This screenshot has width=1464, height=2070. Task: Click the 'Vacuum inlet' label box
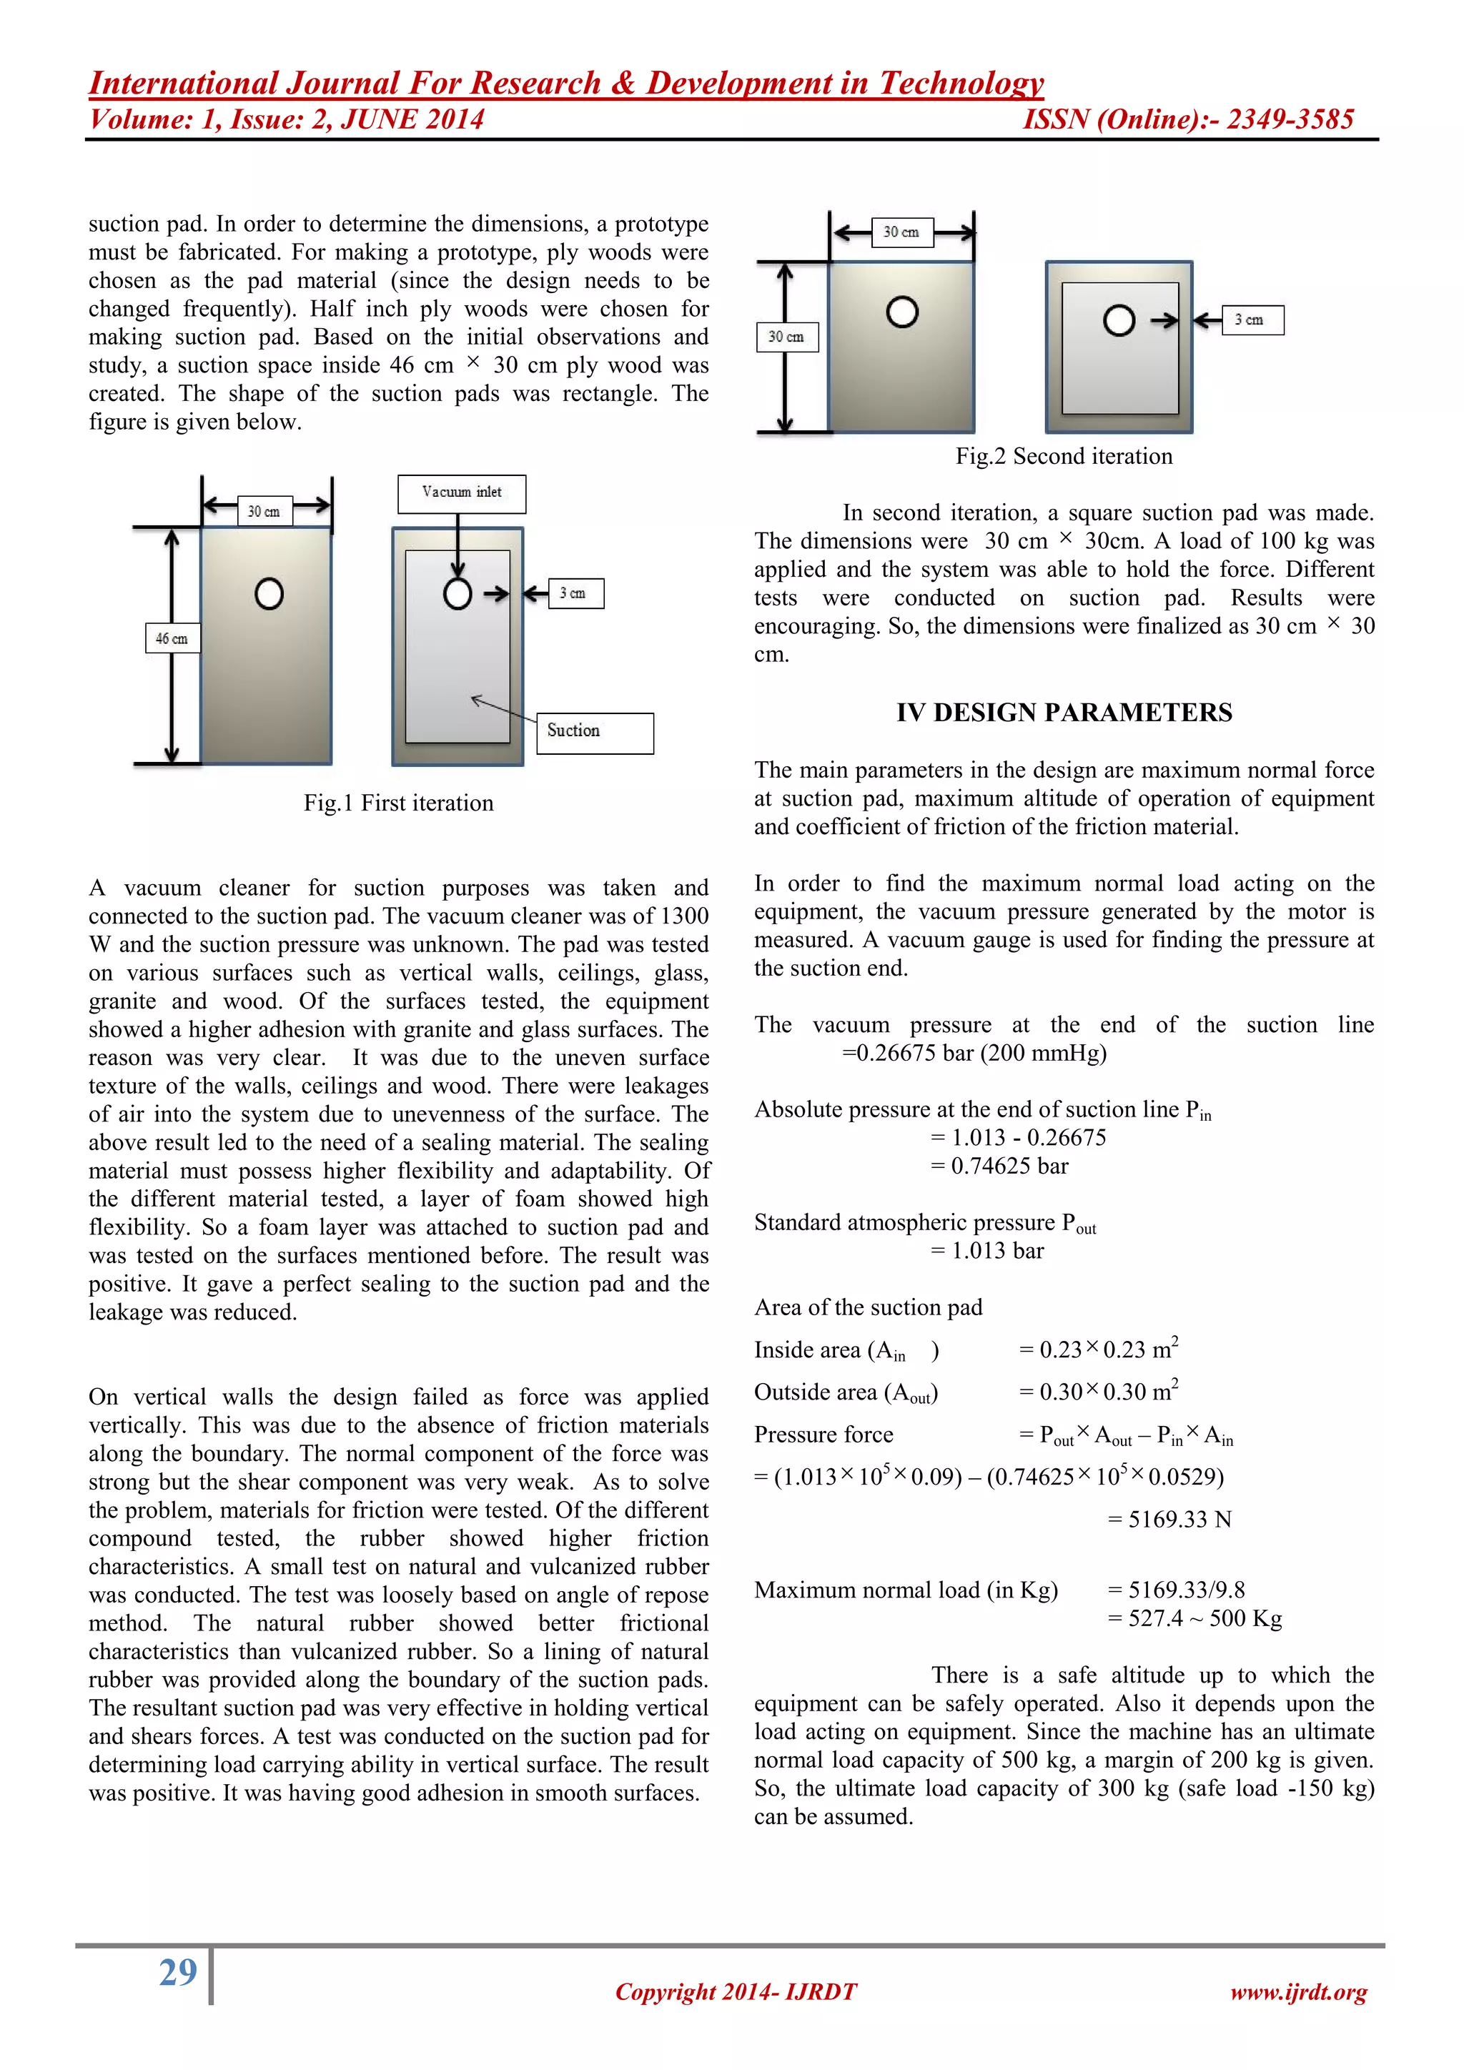(462, 493)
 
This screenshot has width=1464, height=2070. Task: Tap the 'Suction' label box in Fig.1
(595, 732)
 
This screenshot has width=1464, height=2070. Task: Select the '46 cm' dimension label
(172, 638)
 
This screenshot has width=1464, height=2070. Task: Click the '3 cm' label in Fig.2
(1252, 320)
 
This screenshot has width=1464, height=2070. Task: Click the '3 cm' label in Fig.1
(575, 593)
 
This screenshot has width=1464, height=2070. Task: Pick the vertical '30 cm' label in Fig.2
(786, 337)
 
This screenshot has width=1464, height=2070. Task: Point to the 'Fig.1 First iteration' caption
(398, 803)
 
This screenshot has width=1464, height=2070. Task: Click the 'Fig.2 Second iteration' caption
(1064, 456)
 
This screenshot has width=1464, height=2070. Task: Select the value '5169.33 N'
(1179, 1519)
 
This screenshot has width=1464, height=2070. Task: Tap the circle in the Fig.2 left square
(901, 312)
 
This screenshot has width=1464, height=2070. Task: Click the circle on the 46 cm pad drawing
(269, 593)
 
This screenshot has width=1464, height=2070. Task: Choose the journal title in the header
(566, 83)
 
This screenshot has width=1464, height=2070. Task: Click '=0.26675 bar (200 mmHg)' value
(974, 1053)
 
